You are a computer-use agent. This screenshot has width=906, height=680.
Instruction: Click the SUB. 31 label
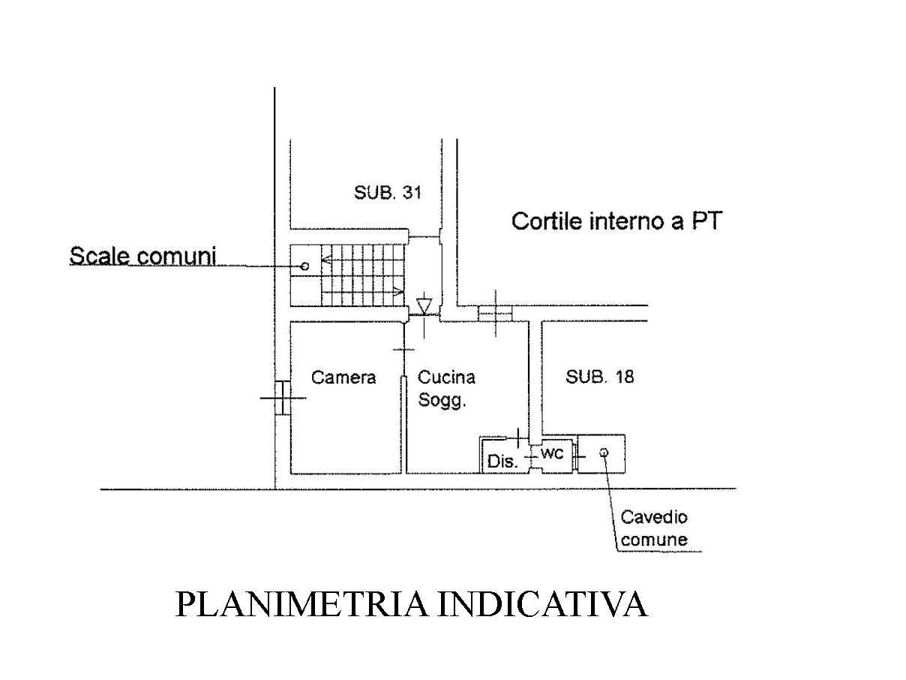388,192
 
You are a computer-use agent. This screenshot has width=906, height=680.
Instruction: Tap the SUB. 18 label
599,377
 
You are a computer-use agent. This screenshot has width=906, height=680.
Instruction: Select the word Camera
343,378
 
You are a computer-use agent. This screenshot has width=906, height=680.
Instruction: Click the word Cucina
446,378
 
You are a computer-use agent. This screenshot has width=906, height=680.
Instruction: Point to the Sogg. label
442,401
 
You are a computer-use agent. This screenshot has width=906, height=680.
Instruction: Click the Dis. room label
502,462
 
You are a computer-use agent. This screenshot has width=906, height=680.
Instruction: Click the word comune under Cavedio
654,540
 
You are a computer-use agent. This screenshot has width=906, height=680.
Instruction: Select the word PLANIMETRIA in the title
300,604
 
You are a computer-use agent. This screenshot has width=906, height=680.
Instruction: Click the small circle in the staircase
304,266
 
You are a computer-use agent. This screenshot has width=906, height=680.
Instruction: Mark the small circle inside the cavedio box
604,452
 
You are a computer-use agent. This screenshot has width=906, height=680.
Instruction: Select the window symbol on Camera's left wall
282,398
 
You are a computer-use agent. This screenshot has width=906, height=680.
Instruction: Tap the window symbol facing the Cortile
494,312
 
